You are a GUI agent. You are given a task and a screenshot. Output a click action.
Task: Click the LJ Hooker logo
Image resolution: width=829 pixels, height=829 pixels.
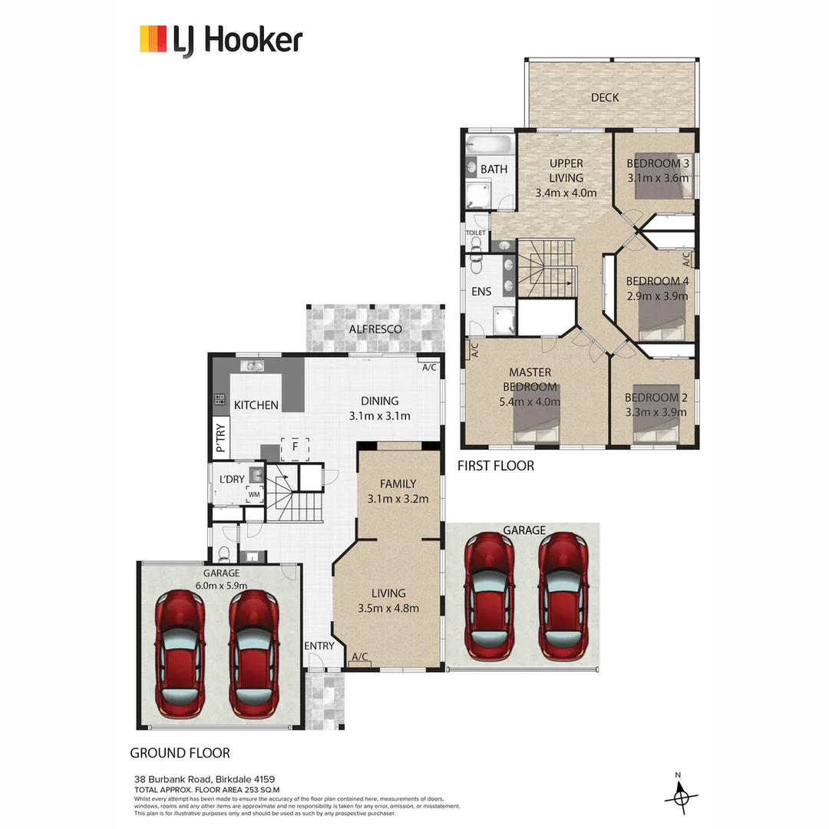(221, 40)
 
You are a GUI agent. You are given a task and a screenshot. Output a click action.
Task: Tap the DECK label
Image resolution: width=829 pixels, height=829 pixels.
(605, 97)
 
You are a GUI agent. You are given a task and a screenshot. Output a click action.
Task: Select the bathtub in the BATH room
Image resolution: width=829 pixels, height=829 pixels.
(490, 144)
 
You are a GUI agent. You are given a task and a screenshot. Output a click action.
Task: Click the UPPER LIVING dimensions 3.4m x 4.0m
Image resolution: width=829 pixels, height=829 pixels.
(566, 193)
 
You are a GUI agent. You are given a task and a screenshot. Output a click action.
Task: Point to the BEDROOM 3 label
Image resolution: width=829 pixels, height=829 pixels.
(658, 163)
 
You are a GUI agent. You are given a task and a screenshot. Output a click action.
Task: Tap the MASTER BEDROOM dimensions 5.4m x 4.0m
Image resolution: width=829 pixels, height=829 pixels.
(529, 401)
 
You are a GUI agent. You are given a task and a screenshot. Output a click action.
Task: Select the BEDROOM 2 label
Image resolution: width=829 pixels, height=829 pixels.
(656, 398)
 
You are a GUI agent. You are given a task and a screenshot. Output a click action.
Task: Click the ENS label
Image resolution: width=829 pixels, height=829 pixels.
(482, 292)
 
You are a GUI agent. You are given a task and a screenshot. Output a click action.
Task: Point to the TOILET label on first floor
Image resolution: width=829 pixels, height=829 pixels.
(476, 232)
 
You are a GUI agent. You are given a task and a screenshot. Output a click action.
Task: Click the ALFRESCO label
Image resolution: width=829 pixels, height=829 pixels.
(375, 329)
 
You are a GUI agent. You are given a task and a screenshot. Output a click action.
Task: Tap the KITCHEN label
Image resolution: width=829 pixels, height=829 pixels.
(256, 405)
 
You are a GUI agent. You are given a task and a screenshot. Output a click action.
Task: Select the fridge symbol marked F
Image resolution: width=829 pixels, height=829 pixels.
(294, 448)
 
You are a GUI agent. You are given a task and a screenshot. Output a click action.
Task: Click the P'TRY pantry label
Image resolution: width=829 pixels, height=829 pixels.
(220, 438)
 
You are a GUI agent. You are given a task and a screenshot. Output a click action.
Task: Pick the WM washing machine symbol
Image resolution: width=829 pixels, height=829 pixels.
(254, 494)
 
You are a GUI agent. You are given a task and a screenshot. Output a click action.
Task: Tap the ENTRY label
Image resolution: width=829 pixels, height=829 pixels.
(319, 646)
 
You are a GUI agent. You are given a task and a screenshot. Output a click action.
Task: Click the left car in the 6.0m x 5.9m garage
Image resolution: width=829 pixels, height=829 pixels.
(180, 652)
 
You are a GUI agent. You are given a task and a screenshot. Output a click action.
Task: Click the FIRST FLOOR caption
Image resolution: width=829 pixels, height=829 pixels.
(496, 466)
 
